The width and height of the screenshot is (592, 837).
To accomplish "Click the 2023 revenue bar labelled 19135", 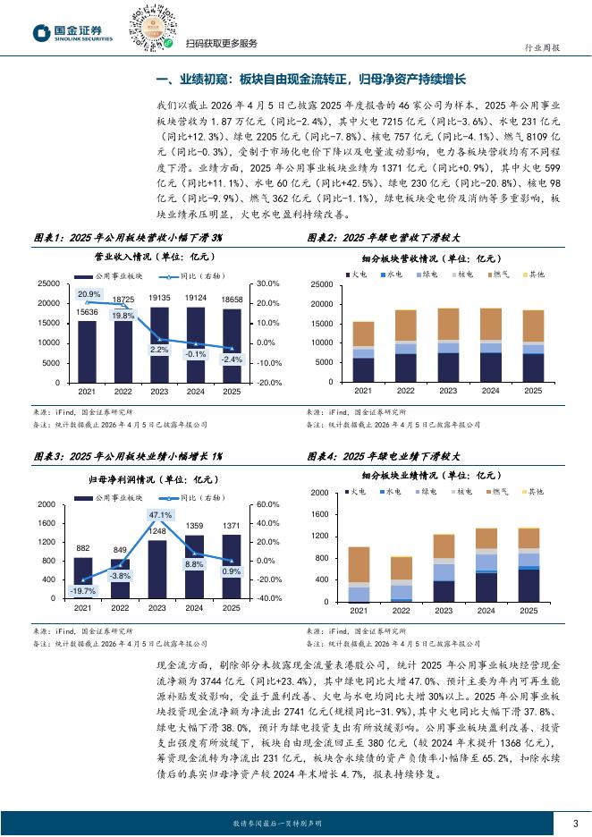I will coord(159,345).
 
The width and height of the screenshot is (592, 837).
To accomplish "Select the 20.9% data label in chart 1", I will coord(89,294).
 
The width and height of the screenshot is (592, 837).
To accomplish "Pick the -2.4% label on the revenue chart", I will coord(232,359).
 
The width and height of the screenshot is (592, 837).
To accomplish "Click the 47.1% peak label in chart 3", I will coord(160,516).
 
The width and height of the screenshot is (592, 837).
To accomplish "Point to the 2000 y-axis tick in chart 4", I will coord(318,494).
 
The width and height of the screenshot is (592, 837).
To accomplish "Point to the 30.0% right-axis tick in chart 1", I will coord(267,283).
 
